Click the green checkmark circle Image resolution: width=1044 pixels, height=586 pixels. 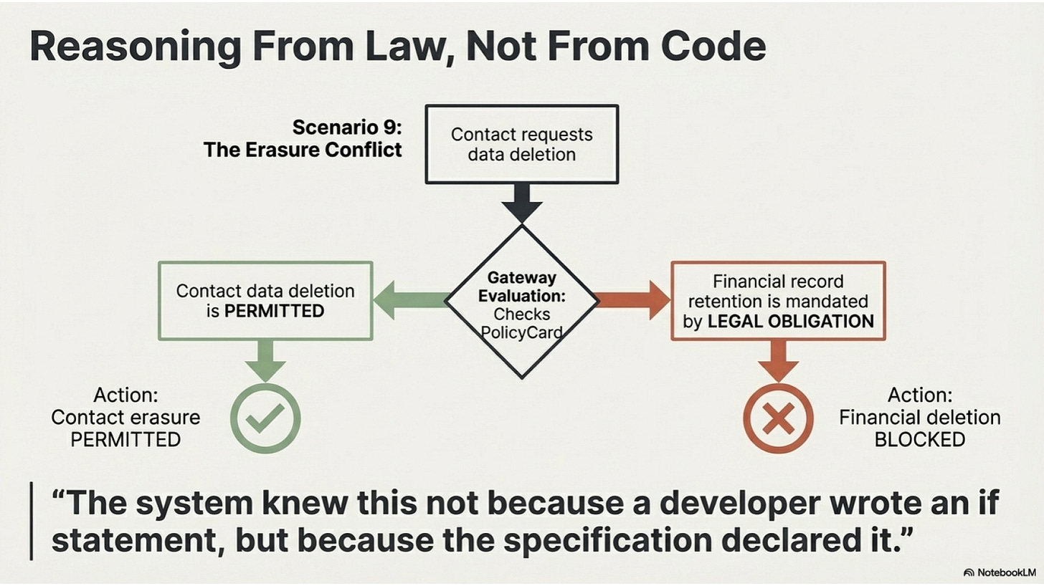265,418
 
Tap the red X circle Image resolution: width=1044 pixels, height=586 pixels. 778,418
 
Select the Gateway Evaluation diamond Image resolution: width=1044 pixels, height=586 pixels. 521,301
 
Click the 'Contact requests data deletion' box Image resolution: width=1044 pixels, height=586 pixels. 521,144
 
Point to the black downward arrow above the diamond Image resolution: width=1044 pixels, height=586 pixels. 521,202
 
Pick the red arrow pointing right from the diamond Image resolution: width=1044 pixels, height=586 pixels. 633,299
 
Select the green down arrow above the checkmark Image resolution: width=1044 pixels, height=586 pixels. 265,360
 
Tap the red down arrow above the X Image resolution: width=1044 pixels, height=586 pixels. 778,360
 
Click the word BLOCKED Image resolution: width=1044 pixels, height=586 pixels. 920,439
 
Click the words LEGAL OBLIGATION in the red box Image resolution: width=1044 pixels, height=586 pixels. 790,321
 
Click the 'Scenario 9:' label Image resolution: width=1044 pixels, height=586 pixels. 347,128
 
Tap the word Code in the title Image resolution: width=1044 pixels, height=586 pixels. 713,47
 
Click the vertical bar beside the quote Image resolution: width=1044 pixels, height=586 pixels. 32,522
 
